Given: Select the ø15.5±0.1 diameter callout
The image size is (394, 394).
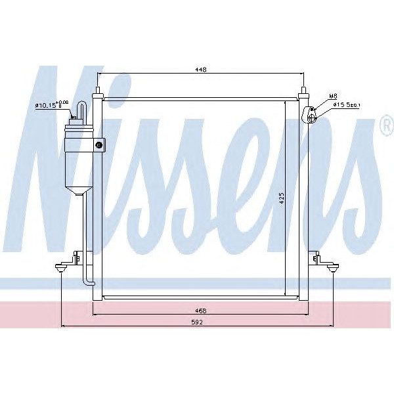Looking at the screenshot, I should click(346, 104).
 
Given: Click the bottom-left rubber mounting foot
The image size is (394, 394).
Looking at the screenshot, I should click(62, 267).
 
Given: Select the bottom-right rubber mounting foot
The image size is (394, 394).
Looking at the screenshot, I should click(334, 267).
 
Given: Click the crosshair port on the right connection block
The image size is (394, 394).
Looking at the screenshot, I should click(311, 116).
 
